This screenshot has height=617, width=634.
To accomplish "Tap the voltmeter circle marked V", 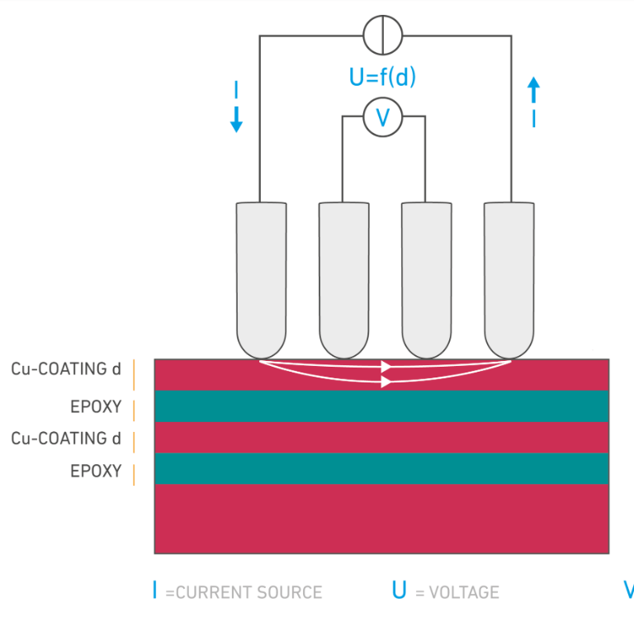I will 383,118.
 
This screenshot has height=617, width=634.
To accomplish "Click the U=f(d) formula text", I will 383,78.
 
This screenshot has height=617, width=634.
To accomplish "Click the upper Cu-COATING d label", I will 66,369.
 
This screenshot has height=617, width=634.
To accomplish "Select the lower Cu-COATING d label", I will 66,438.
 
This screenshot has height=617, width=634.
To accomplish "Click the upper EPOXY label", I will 96,406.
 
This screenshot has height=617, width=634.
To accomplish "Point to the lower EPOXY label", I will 96,472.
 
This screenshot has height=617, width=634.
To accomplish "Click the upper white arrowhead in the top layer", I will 386,367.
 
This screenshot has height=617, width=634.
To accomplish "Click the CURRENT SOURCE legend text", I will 244,592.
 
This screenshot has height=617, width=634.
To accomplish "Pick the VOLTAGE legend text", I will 457,592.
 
